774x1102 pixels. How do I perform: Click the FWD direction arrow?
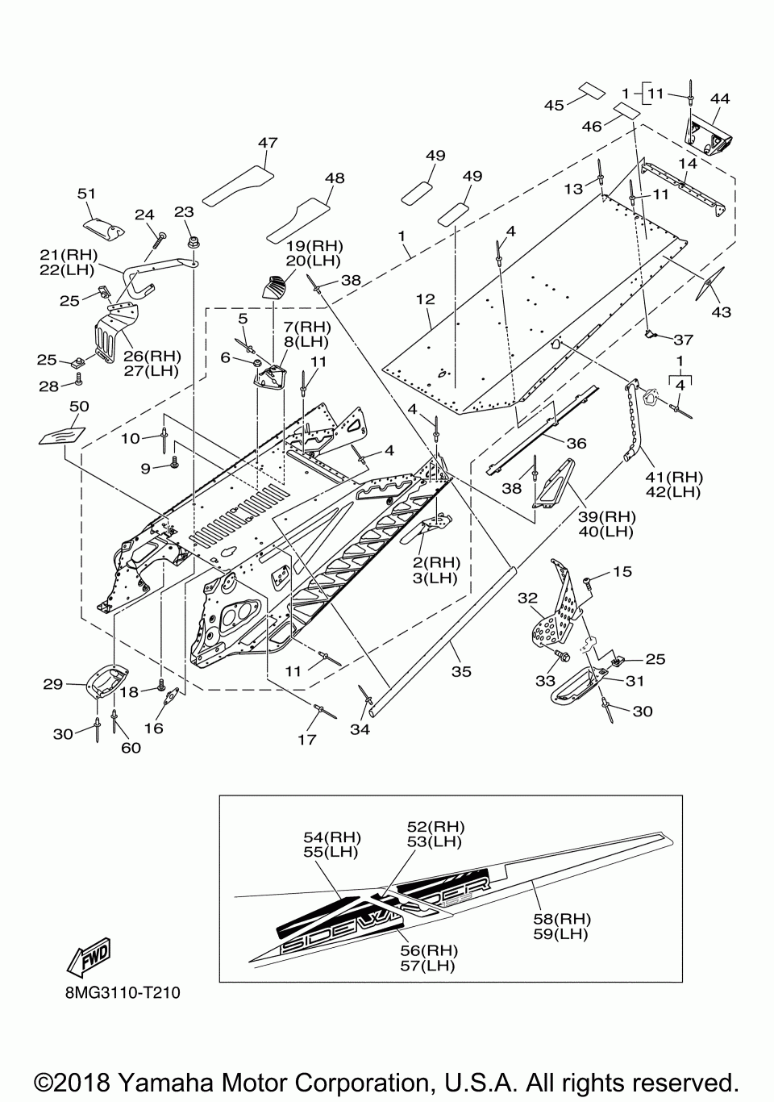point(89,957)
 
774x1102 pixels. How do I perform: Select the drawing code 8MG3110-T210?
point(123,992)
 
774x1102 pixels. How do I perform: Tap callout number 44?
point(720,98)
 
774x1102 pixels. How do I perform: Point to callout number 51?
point(86,194)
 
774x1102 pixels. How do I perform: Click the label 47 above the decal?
point(268,143)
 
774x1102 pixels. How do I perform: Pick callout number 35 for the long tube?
point(461,671)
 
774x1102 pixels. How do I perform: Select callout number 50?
point(79,406)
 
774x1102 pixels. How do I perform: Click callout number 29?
point(52,684)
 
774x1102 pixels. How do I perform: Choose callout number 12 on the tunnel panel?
point(426,298)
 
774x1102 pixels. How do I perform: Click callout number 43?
point(721,312)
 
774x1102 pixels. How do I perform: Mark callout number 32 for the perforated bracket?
point(527,598)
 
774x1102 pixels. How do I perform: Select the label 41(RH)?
point(675,477)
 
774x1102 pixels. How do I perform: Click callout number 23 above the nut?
point(184,212)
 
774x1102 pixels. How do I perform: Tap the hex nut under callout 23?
point(193,243)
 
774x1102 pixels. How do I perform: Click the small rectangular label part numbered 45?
point(591,90)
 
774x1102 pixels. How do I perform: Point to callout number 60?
point(131,747)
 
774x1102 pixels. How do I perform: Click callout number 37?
point(683,340)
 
